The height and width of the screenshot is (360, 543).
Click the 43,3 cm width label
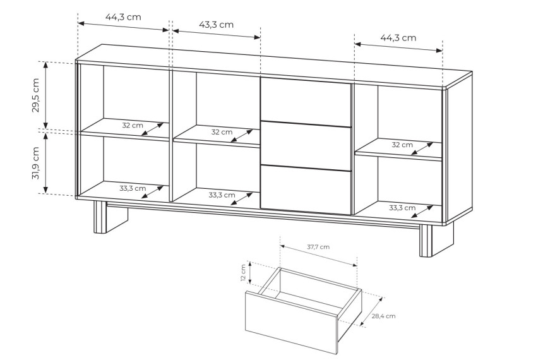pos(216,25)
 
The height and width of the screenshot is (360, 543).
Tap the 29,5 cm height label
pos(36,95)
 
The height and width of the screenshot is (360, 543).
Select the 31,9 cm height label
pos(36,163)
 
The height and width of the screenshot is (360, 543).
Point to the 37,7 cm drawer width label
pos(318,247)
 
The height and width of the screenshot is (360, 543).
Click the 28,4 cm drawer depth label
pos(383,316)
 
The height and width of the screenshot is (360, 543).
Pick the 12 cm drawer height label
pos(243,273)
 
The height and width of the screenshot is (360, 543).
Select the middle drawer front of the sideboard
pos(306,146)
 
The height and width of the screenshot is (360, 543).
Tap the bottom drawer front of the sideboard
pos(306,190)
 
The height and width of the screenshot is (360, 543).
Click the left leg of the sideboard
pos(110,217)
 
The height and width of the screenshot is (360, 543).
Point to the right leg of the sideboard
pos(436,239)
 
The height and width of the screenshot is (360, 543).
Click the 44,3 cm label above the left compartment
pos(123,17)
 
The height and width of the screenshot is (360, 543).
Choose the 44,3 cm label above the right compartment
pos(398,37)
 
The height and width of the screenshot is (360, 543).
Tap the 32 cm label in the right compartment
pos(402,145)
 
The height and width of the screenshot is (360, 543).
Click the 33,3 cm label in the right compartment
pos(402,208)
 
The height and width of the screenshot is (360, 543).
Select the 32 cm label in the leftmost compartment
pos(133,125)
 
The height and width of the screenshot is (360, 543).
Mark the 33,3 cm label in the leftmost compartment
pos(133,188)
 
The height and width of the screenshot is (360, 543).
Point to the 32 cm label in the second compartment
pos(222,132)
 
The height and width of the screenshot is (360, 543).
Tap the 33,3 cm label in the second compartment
pos(222,195)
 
